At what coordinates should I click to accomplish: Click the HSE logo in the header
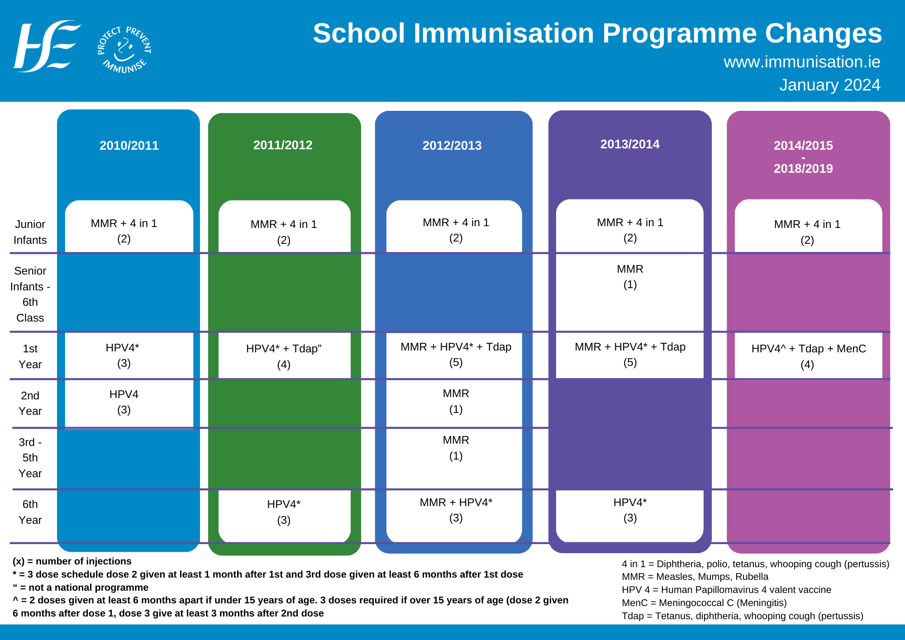(47, 46)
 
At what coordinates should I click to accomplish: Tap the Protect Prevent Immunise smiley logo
(124, 49)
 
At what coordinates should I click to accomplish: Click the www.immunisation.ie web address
(801, 62)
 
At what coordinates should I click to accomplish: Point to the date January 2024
(829, 85)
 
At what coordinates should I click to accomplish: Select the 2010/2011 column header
(129, 146)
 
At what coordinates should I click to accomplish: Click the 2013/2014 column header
(629, 144)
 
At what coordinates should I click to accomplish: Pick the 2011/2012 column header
(283, 145)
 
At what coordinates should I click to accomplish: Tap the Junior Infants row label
(30, 232)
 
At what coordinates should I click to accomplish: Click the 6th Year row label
(30, 512)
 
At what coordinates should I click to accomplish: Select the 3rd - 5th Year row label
(30, 458)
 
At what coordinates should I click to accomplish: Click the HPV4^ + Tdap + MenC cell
(808, 356)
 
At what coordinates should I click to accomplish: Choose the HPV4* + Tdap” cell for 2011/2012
(284, 356)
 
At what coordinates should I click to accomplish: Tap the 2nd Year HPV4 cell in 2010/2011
(124, 402)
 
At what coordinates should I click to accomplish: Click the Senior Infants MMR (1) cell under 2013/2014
(630, 277)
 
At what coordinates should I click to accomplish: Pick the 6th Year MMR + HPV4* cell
(456, 510)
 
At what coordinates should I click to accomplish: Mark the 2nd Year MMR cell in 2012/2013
(456, 401)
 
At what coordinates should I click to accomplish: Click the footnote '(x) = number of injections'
(72, 561)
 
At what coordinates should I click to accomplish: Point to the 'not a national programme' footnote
(81, 588)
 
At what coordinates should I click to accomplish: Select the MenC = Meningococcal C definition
(704, 603)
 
